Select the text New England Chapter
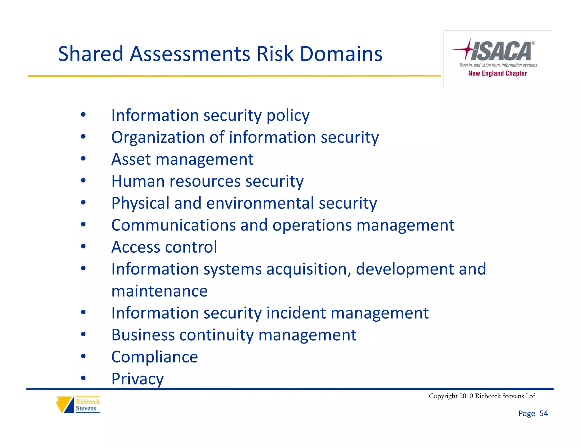[x=497, y=73]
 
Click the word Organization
[x=158, y=138]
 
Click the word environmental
[x=260, y=203]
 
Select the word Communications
[x=173, y=225]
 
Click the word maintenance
[x=159, y=291]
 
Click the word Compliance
[x=155, y=357]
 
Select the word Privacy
[x=137, y=379]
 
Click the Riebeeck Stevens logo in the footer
[x=78, y=405]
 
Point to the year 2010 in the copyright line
[x=466, y=396]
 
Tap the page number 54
[x=543, y=413]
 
